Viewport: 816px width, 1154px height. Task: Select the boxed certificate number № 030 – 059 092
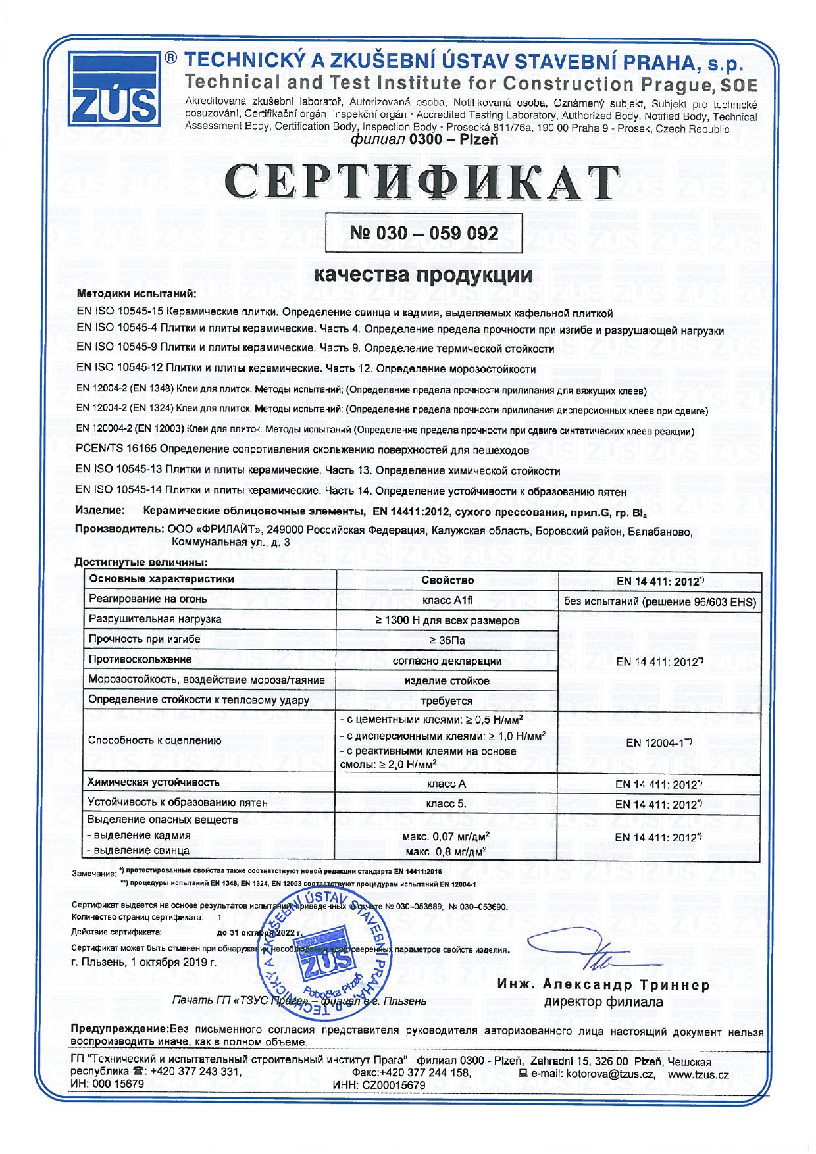(x=424, y=233)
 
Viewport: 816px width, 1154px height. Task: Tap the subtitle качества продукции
(x=423, y=274)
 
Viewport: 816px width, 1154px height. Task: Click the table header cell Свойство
(x=447, y=580)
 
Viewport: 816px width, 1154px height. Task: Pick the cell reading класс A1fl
(x=447, y=600)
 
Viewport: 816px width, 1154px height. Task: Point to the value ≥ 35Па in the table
(x=447, y=640)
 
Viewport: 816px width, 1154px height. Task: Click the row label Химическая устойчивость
(x=154, y=782)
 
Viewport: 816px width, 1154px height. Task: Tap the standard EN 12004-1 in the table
(x=659, y=743)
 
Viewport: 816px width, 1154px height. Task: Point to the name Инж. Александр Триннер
(x=603, y=985)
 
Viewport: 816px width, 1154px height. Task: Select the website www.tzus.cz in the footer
(x=698, y=1074)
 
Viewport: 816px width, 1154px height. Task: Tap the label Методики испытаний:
(x=136, y=293)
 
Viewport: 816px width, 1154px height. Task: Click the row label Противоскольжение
(x=140, y=659)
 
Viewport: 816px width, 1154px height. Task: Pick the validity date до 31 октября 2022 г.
(x=260, y=932)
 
